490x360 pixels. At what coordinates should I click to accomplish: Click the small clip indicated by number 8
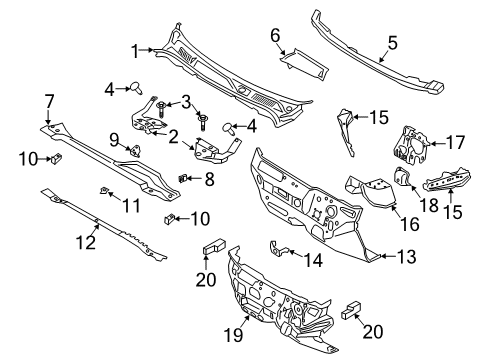click(x=183, y=178)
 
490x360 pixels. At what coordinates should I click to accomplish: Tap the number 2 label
click(x=175, y=135)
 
